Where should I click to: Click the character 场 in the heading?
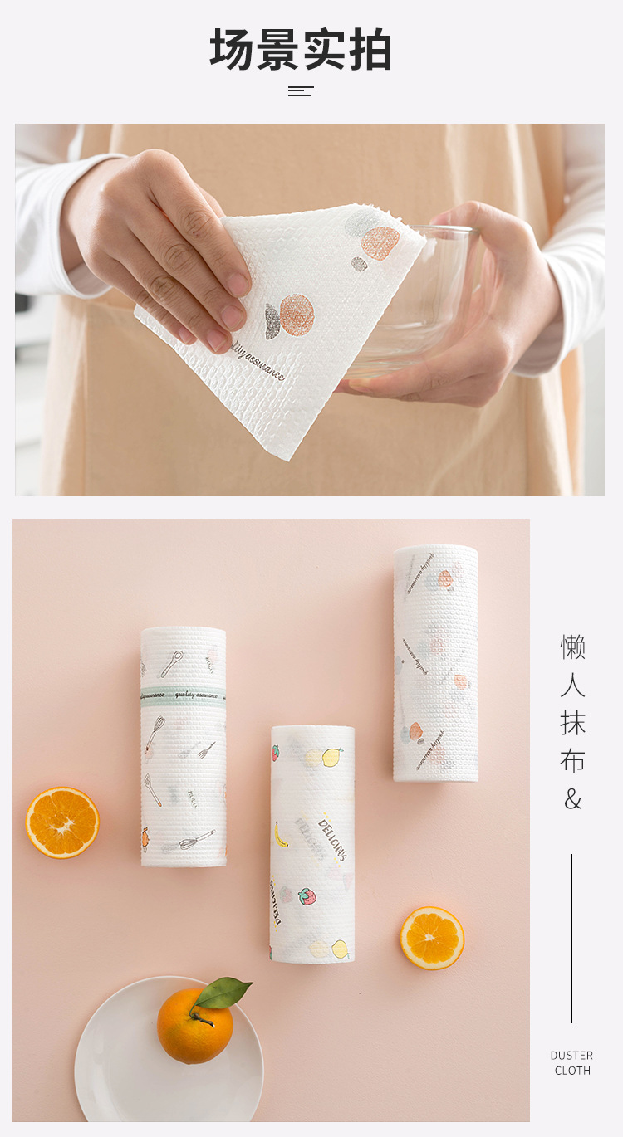point(232,50)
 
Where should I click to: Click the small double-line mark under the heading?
point(301,91)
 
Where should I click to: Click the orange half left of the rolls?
point(62,822)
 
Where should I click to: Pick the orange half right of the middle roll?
point(432,938)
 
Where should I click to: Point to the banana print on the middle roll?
point(282,833)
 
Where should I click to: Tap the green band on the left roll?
point(183,694)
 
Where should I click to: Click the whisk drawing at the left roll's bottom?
point(196,840)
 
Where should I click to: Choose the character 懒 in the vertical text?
point(572,647)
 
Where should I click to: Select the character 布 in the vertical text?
point(572,761)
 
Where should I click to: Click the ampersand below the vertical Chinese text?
point(572,800)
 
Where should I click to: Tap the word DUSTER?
point(571,1056)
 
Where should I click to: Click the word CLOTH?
point(572,1071)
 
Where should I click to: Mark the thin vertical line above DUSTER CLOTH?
point(571,938)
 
